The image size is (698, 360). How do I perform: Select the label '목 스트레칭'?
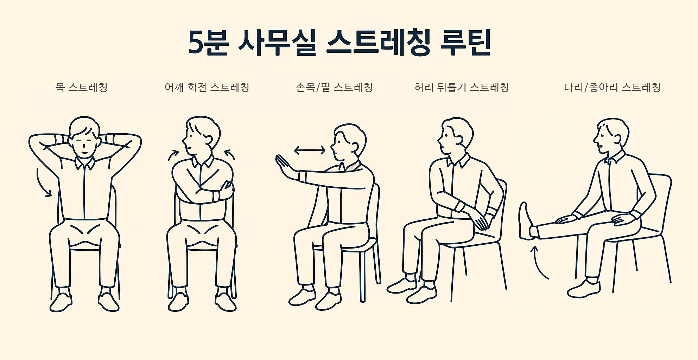click(81, 87)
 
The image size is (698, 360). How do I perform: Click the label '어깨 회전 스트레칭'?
click(207, 87)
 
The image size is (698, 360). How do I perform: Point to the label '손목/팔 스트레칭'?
click(334, 87)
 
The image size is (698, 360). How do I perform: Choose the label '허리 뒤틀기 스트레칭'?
click(462, 87)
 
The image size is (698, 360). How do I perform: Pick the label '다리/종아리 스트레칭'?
click(612, 87)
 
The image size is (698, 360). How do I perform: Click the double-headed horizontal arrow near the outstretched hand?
click(310, 150)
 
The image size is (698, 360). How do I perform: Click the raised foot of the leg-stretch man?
click(526, 221)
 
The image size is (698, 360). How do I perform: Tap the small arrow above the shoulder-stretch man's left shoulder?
click(173, 155)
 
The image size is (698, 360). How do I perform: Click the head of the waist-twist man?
click(456, 135)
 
